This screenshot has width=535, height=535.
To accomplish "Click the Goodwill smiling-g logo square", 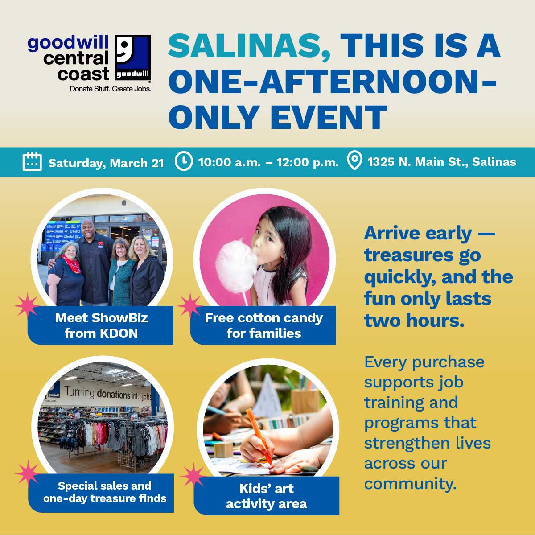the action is [x=133, y=58].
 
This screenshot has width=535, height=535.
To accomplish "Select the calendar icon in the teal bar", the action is [x=32, y=161].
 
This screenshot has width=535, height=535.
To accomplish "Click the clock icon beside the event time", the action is [x=184, y=161].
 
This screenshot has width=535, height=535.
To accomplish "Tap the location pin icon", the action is [x=354, y=160].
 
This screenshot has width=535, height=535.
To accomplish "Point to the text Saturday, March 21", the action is [x=107, y=163].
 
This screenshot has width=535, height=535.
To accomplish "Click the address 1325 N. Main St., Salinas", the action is [x=442, y=161].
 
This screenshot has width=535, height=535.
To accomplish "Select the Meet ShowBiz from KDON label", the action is [x=101, y=325].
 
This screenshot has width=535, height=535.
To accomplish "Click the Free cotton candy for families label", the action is [x=264, y=325].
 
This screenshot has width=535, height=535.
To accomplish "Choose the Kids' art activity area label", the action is [x=267, y=496].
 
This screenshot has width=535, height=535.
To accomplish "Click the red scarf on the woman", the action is [x=72, y=263].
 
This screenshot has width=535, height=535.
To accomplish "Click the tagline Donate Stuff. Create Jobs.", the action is [x=111, y=89].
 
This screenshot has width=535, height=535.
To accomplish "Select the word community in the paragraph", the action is [x=410, y=484].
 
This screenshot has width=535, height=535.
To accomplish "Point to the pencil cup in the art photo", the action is [x=305, y=401].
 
